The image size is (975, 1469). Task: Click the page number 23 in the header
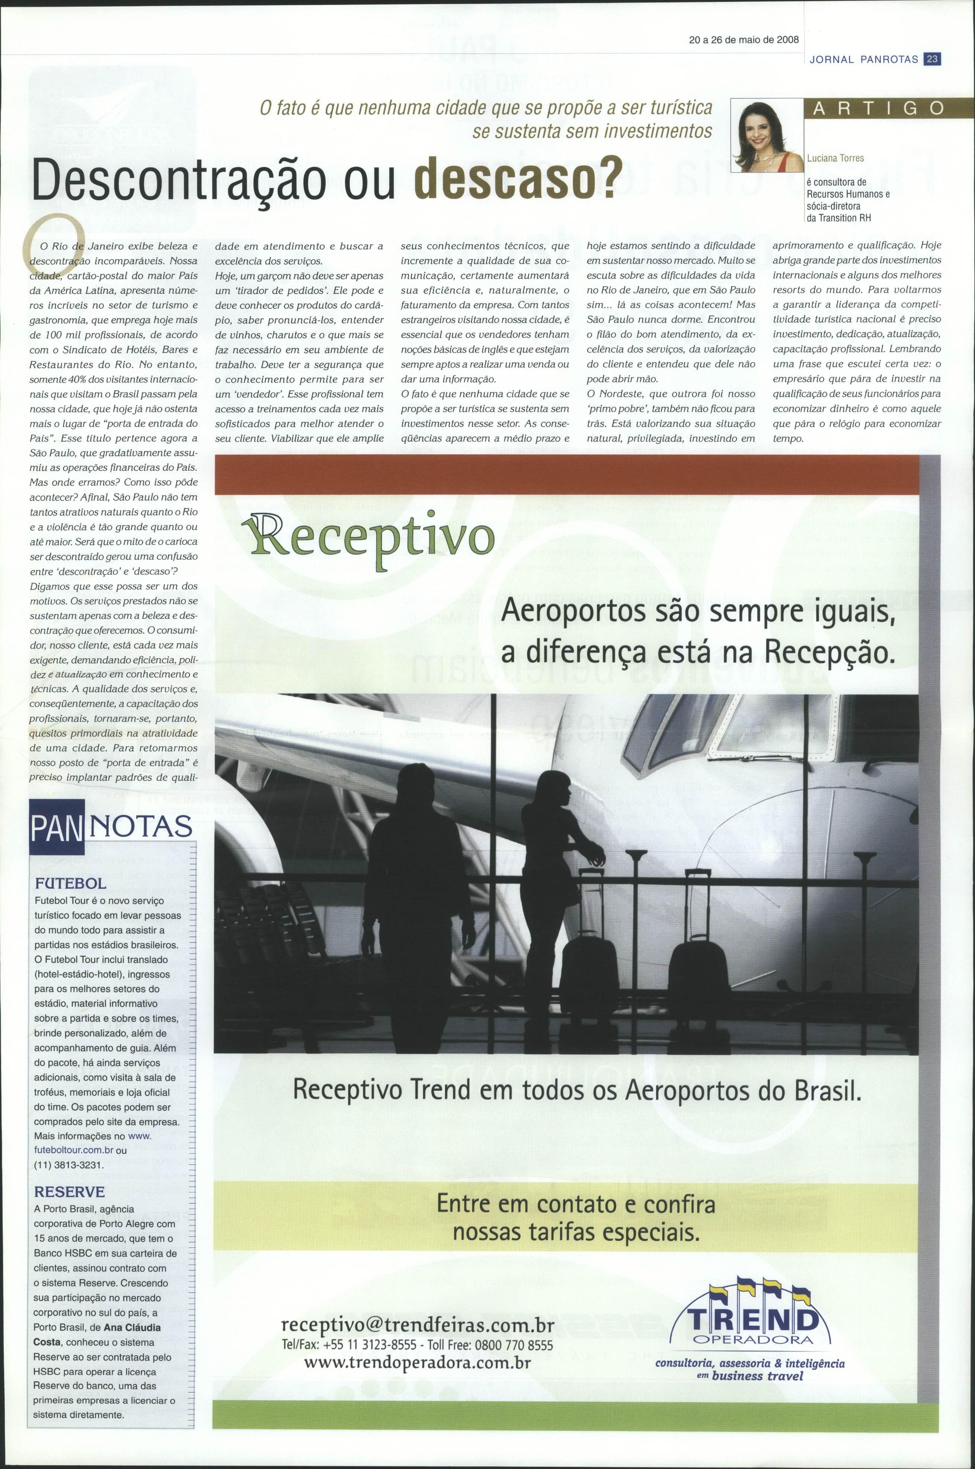point(933,60)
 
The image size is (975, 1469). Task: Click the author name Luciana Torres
point(835,158)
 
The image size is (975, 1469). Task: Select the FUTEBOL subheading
point(71,883)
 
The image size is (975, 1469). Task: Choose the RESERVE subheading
point(70,1192)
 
